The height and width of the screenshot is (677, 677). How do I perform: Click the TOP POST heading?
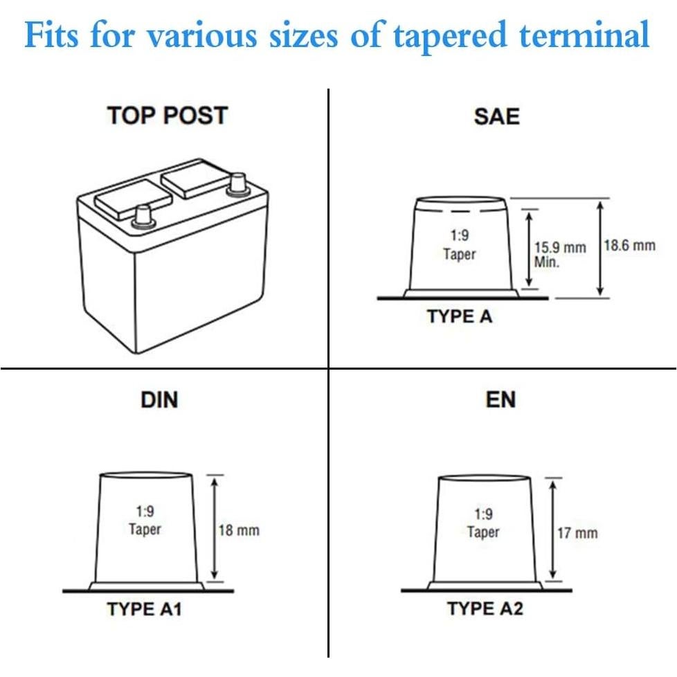(167, 116)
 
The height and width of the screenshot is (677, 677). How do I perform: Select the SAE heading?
(496, 116)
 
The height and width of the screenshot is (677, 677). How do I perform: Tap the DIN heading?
(159, 399)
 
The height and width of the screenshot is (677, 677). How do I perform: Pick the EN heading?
(500, 399)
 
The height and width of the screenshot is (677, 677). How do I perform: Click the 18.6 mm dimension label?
(630, 246)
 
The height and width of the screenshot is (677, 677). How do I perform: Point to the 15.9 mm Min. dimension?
(559, 254)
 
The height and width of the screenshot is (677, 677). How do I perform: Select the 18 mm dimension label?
(239, 530)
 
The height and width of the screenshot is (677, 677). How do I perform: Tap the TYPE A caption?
(460, 316)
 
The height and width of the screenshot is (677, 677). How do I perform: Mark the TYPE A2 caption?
(485, 609)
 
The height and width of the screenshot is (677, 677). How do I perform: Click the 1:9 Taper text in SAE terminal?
(460, 246)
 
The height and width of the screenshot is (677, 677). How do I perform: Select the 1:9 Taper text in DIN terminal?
(145, 521)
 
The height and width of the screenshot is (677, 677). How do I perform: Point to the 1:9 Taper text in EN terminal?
(483, 523)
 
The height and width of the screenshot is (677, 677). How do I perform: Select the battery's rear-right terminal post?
(237, 183)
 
